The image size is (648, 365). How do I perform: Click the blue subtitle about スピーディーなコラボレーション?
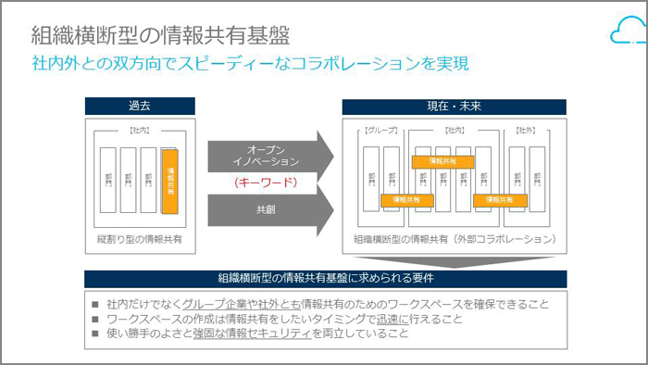[250, 64]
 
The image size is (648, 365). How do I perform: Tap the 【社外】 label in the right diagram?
[526, 131]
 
